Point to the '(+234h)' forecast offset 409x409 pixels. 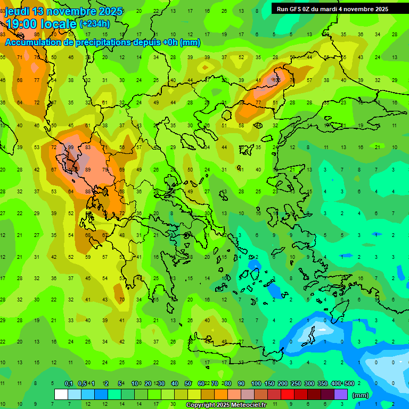pyautogui.click(x=95, y=24)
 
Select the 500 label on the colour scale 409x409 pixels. pyautogui.click(x=349, y=383)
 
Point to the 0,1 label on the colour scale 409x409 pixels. pyautogui.click(x=69, y=383)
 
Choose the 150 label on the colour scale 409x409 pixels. pyautogui.click(x=269, y=383)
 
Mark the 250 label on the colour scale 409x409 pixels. pyautogui.click(x=296, y=383)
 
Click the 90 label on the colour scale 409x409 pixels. pyautogui.click(x=241, y=383)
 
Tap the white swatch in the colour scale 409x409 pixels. pyautogui.click(x=61, y=394)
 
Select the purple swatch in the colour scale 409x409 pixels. pyautogui.click(x=341, y=394)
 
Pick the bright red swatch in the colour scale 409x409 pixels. pyautogui.click(x=288, y=394)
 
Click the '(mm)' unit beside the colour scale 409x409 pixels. pyautogui.click(x=361, y=395)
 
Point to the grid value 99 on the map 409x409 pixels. pyautogui.click(x=70, y=148)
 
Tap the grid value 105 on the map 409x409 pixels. pyautogui.click(x=276, y=80)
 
